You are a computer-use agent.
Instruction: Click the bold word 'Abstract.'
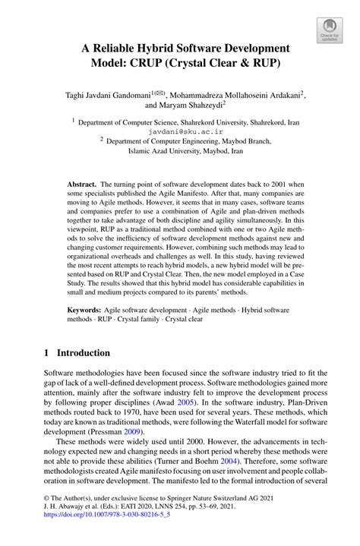[82, 185]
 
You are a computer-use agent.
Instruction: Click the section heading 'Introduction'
[84, 353]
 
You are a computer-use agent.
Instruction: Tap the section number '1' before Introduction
[47, 353]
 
